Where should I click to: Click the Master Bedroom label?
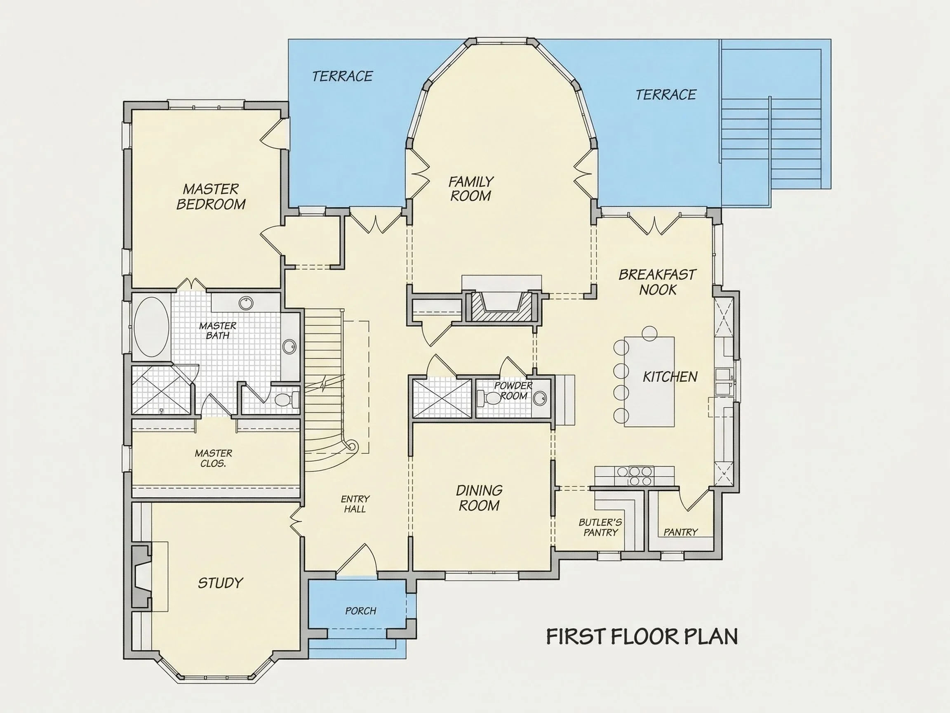pyautogui.click(x=211, y=196)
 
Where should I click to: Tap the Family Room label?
pyautogui.click(x=471, y=188)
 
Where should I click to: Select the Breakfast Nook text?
pyautogui.click(x=657, y=282)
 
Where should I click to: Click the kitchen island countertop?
pyautogui.click(x=649, y=382)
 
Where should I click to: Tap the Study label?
pyautogui.click(x=220, y=583)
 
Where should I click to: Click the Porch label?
pyautogui.click(x=360, y=611)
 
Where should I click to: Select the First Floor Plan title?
pyautogui.click(x=642, y=637)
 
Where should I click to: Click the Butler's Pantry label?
pyautogui.click(x=600, y=527)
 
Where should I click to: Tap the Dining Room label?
pyautogui.click(x=479, y=498)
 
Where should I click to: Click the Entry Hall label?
pyautogui.click(x=355, y=504)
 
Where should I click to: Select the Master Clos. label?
pyautogui.click(x=214, y=458)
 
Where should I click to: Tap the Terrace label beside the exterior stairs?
pyautogui.click(x=665, y=94)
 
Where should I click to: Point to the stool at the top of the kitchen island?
pyautogui.click(x=650, y=333)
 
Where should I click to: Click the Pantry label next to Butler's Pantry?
pyautogui.click(x=680, y=532)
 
